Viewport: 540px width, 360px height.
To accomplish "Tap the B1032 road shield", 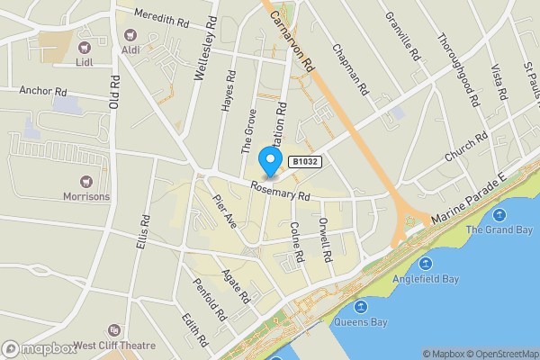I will point(304,161).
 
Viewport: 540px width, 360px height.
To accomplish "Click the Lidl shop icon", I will point(85,47).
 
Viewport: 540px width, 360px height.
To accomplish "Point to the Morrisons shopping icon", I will point(86,180).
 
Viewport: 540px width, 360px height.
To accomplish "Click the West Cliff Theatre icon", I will point(112,330).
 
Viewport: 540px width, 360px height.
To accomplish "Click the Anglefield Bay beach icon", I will point(426,264).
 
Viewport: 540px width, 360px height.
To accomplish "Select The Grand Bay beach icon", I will point(500,214).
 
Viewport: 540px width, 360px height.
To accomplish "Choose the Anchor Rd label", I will point(43,91).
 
